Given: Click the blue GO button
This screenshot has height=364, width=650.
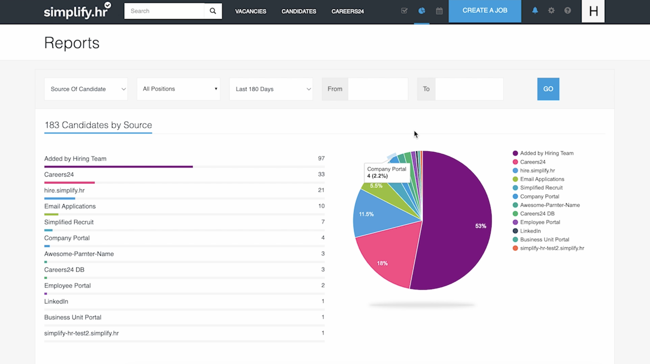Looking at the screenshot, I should (548, 89).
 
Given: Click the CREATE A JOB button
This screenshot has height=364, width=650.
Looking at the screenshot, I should (484, 11).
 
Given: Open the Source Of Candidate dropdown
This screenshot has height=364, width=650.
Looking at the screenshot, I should (86, 89).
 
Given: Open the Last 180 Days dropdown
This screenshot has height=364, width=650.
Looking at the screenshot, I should (271, 89).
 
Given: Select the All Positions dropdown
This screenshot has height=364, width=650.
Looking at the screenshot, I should (178, 89).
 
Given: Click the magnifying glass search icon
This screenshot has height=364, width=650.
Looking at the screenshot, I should (213, 11).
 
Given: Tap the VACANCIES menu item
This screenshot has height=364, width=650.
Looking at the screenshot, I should (251, 11).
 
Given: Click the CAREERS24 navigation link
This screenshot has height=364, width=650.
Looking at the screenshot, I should (347, 11).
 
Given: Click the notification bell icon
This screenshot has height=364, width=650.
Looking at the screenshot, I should (535, 11).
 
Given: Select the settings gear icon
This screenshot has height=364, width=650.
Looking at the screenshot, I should (551, 11).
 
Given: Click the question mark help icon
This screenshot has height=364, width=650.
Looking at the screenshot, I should (567, 11).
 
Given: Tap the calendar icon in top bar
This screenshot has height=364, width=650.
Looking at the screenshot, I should (439, 11).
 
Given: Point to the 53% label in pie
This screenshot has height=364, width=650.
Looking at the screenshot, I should (480, 226).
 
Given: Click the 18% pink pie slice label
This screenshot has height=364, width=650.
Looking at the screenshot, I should (382, 263).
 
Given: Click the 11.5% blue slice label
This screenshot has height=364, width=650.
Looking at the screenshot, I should (366, 214).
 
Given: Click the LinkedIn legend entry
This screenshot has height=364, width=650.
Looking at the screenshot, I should (530, 231).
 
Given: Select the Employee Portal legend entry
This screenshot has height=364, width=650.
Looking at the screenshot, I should (539, 222).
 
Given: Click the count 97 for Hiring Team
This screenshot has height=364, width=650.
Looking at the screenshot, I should (321, 158).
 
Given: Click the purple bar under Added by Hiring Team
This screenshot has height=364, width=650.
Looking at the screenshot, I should (118, 167).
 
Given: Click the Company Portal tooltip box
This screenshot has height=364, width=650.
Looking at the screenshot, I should (387, 172).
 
